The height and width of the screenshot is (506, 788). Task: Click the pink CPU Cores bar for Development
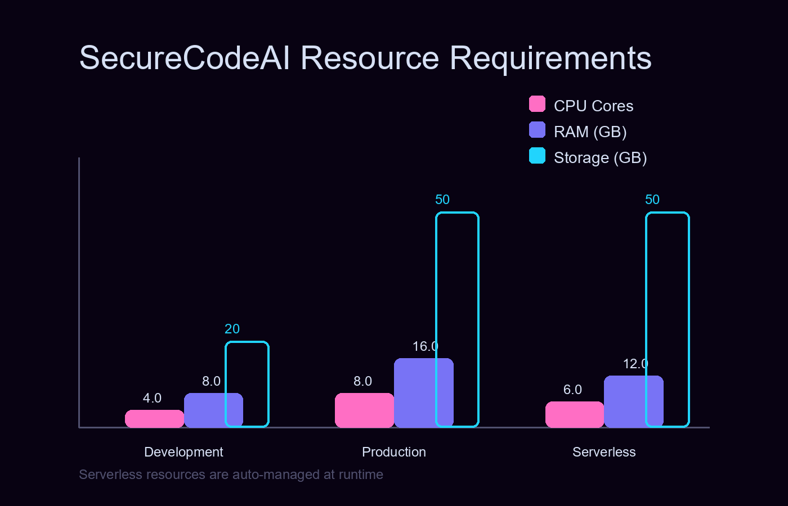tap(154, 419)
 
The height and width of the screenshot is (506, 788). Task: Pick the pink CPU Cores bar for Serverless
tap(574, 414)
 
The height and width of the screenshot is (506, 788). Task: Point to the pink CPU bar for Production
tap(364, 410)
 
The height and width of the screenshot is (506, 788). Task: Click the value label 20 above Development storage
tap(232, 329)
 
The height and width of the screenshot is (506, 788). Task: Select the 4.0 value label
tap(152, 398)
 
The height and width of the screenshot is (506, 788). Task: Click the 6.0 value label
tap(572, 390)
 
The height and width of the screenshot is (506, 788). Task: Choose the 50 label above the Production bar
tap(442, 200)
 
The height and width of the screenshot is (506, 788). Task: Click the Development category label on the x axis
tap(183, 452)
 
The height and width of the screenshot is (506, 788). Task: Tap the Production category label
tap(394, 452)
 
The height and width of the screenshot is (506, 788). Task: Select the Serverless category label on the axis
tap(604, 452)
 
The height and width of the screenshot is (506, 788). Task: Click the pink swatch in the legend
tap(537, 104)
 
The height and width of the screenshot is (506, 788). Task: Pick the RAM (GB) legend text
tap(590, 132)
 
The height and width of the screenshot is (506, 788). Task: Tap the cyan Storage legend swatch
tap(537, 156)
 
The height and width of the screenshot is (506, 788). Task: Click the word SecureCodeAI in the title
tap(185, 58)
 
